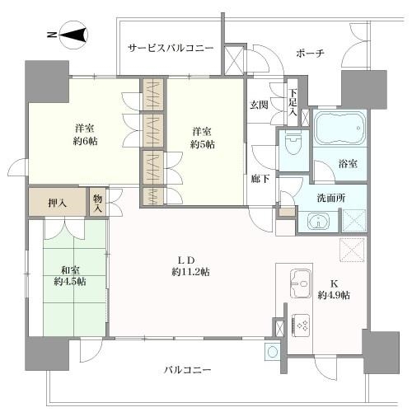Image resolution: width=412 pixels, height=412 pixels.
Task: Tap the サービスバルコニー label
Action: point(171,49)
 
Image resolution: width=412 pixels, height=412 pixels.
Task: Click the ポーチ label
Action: point(310,53)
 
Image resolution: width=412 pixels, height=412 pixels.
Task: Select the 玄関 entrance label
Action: point(258,105)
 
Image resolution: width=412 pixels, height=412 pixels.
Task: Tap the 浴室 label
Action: point(347,164)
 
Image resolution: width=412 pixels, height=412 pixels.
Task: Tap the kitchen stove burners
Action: point(300,324)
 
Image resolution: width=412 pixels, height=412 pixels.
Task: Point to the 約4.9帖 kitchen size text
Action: point(335,295)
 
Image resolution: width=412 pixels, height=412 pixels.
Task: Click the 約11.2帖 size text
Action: point(190,272)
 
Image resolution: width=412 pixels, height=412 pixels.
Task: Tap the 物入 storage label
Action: point(98,203)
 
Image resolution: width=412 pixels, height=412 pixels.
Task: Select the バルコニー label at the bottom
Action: point(186,371)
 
